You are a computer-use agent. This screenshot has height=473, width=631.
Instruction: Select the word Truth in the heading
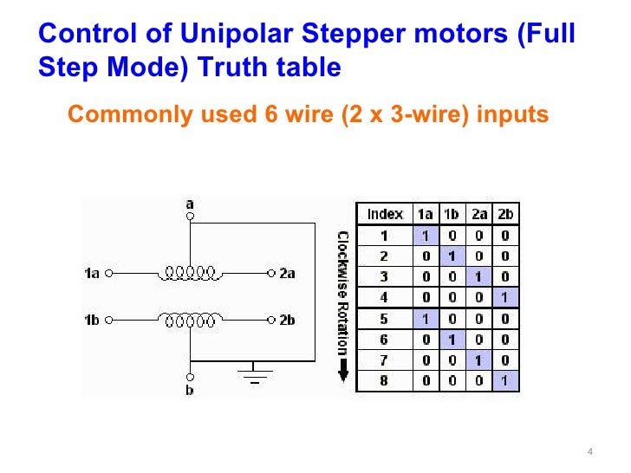click(231, 68)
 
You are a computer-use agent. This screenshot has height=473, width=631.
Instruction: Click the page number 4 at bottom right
click(589, 452)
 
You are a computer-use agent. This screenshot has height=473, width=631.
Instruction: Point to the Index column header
click(385, 213)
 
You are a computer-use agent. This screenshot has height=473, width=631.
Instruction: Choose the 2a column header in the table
click(478, 213)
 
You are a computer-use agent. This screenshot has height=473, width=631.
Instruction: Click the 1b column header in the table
click(452, 213)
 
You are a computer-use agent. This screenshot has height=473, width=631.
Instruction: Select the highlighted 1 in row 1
click(426, 235)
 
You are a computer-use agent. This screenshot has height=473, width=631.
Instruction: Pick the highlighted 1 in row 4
click(504, 297)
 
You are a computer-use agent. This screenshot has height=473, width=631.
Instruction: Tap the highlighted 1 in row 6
click(452, 339)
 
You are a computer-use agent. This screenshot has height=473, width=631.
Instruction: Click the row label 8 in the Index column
click(385, 380)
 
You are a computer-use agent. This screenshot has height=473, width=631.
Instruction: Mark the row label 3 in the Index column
click(385, 276)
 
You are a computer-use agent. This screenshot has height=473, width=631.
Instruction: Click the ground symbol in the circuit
click(255, 373)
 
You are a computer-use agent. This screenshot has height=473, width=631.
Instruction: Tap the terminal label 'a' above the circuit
click(191, 204)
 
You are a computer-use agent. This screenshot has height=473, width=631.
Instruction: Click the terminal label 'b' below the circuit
click(191, 391)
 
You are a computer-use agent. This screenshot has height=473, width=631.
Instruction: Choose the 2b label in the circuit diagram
click(288, 320)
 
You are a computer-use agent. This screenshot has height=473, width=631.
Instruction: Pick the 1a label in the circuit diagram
click(92, 274)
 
